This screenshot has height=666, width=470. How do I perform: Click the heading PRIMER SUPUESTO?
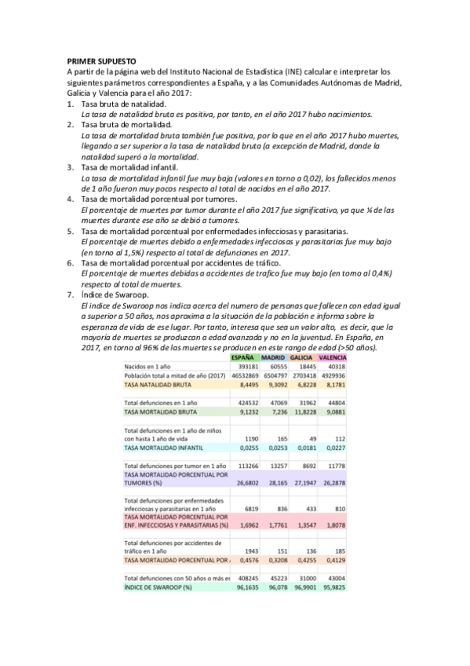(101, 60)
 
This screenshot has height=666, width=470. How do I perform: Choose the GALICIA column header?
(304, 357)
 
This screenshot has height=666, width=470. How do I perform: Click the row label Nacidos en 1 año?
(150, 367)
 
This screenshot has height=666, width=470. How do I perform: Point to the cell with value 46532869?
(242, 376)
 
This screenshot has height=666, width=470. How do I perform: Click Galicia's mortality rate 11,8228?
(303, 411)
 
